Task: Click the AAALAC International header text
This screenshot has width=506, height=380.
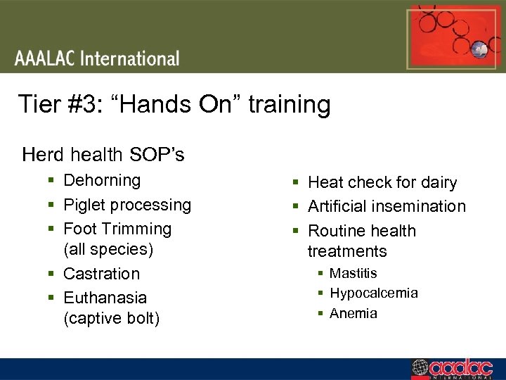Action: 97,58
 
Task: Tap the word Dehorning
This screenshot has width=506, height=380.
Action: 102,180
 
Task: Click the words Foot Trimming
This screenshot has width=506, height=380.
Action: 117,229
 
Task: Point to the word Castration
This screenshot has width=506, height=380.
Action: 101,274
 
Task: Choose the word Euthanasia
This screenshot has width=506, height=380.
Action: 105,298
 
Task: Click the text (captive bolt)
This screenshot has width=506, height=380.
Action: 111,319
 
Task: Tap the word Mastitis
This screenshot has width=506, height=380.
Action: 353,273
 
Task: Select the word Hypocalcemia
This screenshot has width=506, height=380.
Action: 373,293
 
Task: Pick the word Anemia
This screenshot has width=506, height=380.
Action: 353,313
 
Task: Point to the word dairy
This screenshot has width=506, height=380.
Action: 439,182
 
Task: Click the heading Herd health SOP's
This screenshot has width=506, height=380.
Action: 103,153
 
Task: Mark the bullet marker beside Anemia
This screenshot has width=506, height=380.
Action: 319,314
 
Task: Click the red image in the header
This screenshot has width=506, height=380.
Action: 446,37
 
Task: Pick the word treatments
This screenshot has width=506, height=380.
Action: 347,251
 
